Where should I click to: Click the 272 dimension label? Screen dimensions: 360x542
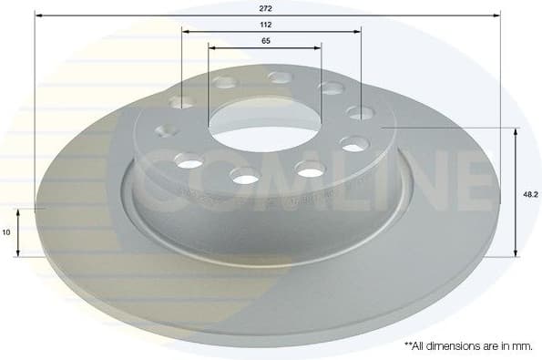(266, 6)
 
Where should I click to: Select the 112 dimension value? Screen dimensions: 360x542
(266, 24)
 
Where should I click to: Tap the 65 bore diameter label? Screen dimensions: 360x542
(264, 41)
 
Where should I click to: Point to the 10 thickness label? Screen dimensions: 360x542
(7, 232)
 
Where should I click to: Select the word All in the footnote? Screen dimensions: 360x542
(423, 346)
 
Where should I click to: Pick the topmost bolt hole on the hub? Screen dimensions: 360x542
(281, 77)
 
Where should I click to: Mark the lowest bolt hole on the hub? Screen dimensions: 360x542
(245, 175)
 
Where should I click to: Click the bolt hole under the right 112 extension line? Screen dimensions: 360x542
(362, 113)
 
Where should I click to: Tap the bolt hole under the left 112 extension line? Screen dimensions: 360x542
(182, 101)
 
